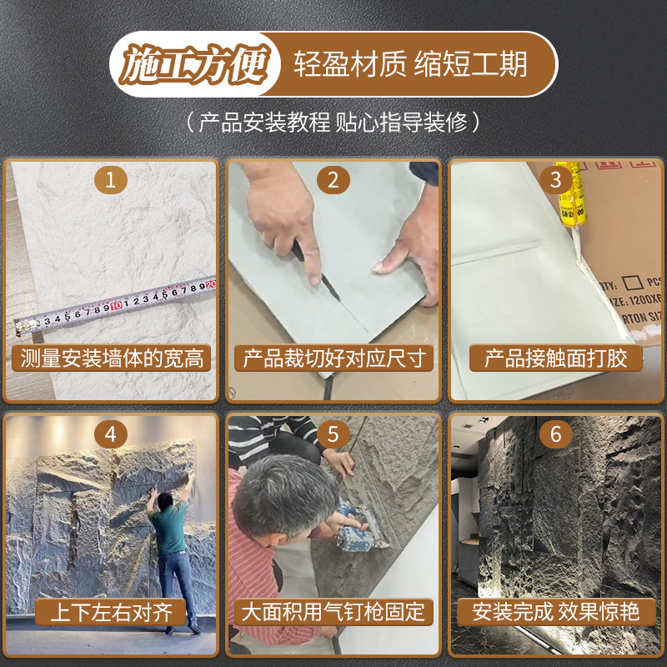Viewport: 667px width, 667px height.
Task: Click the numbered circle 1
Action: point(111,180)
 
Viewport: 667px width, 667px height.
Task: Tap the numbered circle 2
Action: point(333,180)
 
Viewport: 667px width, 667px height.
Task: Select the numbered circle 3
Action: point(555,180)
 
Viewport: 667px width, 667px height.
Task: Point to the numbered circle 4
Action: point(111,434)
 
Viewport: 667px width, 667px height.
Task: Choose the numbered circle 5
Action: point(333,434)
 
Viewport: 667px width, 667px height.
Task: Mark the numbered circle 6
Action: point(555,434)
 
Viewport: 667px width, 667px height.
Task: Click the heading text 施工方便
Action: point(195,64)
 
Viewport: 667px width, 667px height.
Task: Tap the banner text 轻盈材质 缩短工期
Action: point(410,64)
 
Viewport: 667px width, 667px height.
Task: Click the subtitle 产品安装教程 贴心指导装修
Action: point(333,123)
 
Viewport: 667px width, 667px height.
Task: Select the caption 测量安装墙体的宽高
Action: point(112,359)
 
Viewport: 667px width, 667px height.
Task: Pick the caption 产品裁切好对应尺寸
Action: point(334,359)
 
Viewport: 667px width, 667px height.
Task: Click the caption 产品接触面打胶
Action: point(555,359)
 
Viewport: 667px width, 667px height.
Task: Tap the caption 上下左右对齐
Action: point(111,613)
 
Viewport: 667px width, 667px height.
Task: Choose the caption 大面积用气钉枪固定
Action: point(333,613)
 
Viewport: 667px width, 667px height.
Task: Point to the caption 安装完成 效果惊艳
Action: point(555,613)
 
